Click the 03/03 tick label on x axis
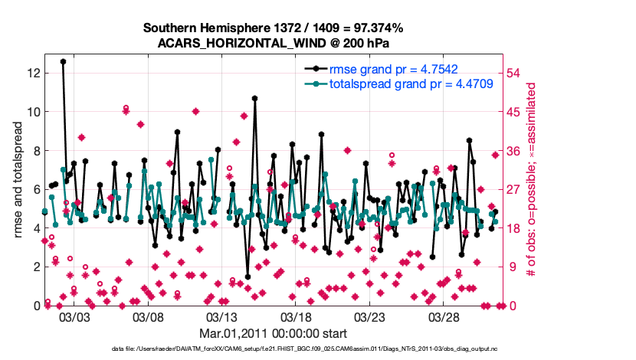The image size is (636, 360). tap(74, 316)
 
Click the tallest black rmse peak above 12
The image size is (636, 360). tap(63, 61)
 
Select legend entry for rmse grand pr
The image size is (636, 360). tap(399, 70)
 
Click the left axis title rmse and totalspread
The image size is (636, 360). tap(18, 181)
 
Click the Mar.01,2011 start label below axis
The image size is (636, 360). tap(273, 333)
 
